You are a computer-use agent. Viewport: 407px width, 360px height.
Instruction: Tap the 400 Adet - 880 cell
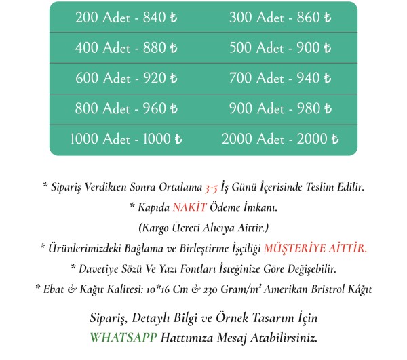coord(126,48)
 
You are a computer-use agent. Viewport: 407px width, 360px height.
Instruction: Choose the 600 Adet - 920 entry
coord(126,79)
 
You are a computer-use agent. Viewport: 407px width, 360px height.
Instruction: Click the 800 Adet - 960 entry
coord(126,109)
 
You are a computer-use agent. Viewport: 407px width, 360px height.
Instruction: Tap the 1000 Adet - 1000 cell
coord(126,140)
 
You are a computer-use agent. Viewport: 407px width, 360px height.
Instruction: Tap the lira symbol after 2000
coord(334,140)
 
